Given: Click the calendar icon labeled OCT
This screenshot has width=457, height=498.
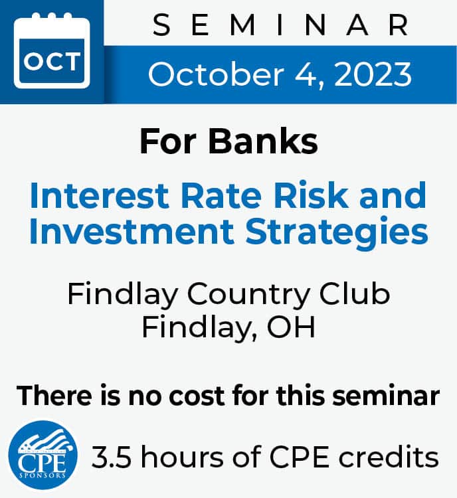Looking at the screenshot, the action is (x=52, y=50).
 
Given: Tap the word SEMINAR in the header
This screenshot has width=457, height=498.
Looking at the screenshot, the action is (x=280, y=25).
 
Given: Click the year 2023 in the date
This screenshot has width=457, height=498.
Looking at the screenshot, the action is (x=373, y=74).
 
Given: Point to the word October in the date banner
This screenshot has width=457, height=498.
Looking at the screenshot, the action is (x=216, y=74).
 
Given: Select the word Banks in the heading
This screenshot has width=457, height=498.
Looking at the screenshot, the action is (x=263, y=141).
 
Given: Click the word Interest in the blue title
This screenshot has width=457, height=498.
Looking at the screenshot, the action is (x=99, y=195).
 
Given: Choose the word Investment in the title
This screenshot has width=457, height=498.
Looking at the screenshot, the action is (x=132, y=230).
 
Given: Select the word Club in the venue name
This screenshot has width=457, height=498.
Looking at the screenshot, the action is (x=354, y=293).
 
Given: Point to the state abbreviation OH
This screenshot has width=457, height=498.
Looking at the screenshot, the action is (x=291, y=327).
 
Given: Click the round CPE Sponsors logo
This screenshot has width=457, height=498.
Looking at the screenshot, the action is (x=43, y=455).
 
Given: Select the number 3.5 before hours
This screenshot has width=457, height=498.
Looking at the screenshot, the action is (x=112, y=457).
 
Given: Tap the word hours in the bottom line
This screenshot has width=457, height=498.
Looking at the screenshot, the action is (x=182, y=456).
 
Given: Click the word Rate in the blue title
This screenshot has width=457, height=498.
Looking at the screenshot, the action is (x=221, y=195).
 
